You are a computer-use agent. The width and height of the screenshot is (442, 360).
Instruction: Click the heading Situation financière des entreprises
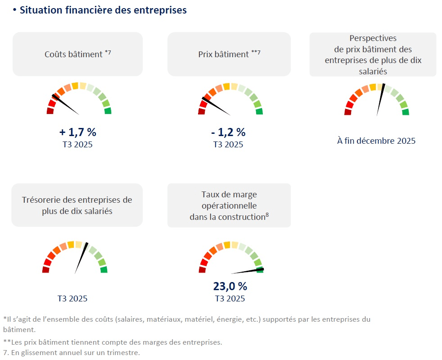(x=103, y=10)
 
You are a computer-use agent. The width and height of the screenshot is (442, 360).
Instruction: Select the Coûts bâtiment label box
(x=77, y=54)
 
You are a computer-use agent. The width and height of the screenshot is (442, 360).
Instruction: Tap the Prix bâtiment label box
(x=229, y=54)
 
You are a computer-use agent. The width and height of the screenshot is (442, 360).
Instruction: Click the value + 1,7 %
(x=78, y=132)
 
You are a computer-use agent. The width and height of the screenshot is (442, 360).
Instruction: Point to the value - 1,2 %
(x=228, y=132)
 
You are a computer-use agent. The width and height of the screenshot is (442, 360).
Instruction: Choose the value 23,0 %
(x=230, y=286)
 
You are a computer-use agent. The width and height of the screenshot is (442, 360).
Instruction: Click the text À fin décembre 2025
(x=376, y=141)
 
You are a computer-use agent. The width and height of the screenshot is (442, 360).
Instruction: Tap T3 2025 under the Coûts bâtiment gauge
(x=78, y=145)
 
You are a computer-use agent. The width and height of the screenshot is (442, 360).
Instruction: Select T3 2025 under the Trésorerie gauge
(x=72, y=298)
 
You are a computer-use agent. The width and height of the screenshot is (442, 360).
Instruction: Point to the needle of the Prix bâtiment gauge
(x=216, y=106)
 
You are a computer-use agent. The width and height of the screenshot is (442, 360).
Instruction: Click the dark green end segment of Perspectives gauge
(x=406, y=112)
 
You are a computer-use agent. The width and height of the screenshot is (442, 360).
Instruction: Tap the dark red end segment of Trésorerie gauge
(x=45, y=269)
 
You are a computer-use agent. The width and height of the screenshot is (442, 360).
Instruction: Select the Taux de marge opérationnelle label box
(x=229, y=205)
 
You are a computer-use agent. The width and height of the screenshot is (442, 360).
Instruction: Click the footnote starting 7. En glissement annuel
(x=72, y=352)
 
